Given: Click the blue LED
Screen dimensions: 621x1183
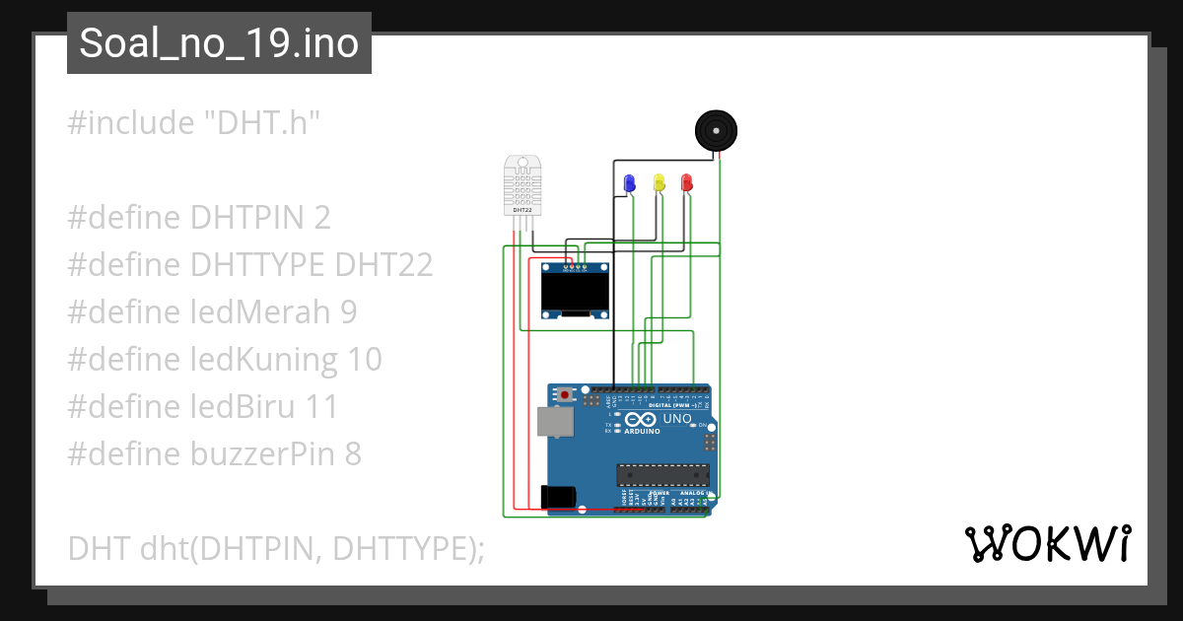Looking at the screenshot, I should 630,182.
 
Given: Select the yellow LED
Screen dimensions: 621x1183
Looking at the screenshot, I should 659,182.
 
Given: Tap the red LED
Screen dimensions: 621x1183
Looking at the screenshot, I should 687,182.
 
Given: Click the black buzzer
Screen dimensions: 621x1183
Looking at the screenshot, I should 716,130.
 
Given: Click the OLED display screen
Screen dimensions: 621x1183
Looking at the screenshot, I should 575,290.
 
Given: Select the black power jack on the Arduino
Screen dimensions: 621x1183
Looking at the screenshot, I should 557,496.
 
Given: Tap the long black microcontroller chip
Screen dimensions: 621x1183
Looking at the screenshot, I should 656,474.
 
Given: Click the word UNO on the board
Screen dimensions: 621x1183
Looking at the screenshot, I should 677,419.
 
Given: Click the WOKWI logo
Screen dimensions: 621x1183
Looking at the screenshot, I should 1047,543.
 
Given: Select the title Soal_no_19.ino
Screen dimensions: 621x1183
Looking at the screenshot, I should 219,43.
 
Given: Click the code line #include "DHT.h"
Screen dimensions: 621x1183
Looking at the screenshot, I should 194,123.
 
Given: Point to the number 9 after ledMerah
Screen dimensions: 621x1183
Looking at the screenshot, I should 348,312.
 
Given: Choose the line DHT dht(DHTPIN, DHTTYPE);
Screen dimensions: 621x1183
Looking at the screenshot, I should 276,548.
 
